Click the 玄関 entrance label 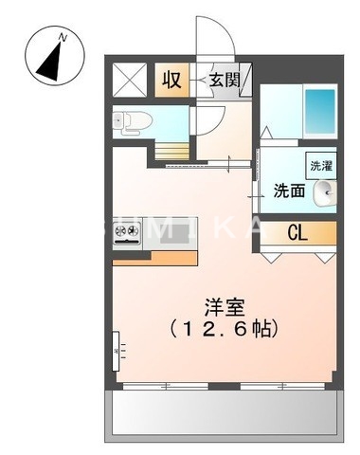pos(225,78)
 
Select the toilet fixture pos(129,120)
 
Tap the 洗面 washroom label pos(289,190)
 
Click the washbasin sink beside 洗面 pos(324,190)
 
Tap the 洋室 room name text pos(223,307)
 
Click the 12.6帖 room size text pos(223,330)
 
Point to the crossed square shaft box pos(130,79)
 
